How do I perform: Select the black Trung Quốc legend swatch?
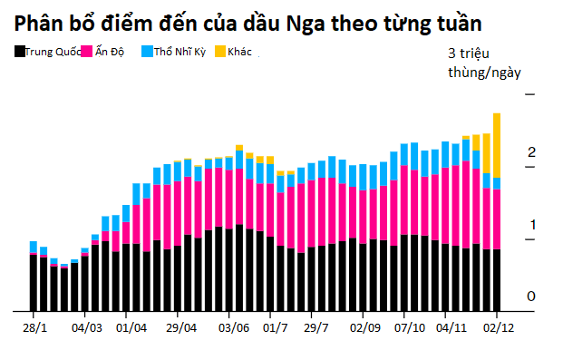pyautogui.click(x=20, y=54)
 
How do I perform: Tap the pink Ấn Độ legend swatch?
pyautogui.click(x=88, y=54)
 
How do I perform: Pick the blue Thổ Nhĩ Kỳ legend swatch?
pyautogui.click(x=147, y=54)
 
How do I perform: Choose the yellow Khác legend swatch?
pyautogui.click(x=221, y=54)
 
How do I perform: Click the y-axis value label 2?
pyautogui.click(x=532, y=152)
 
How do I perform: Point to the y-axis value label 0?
pyautogui.click(x=532, y=297)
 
